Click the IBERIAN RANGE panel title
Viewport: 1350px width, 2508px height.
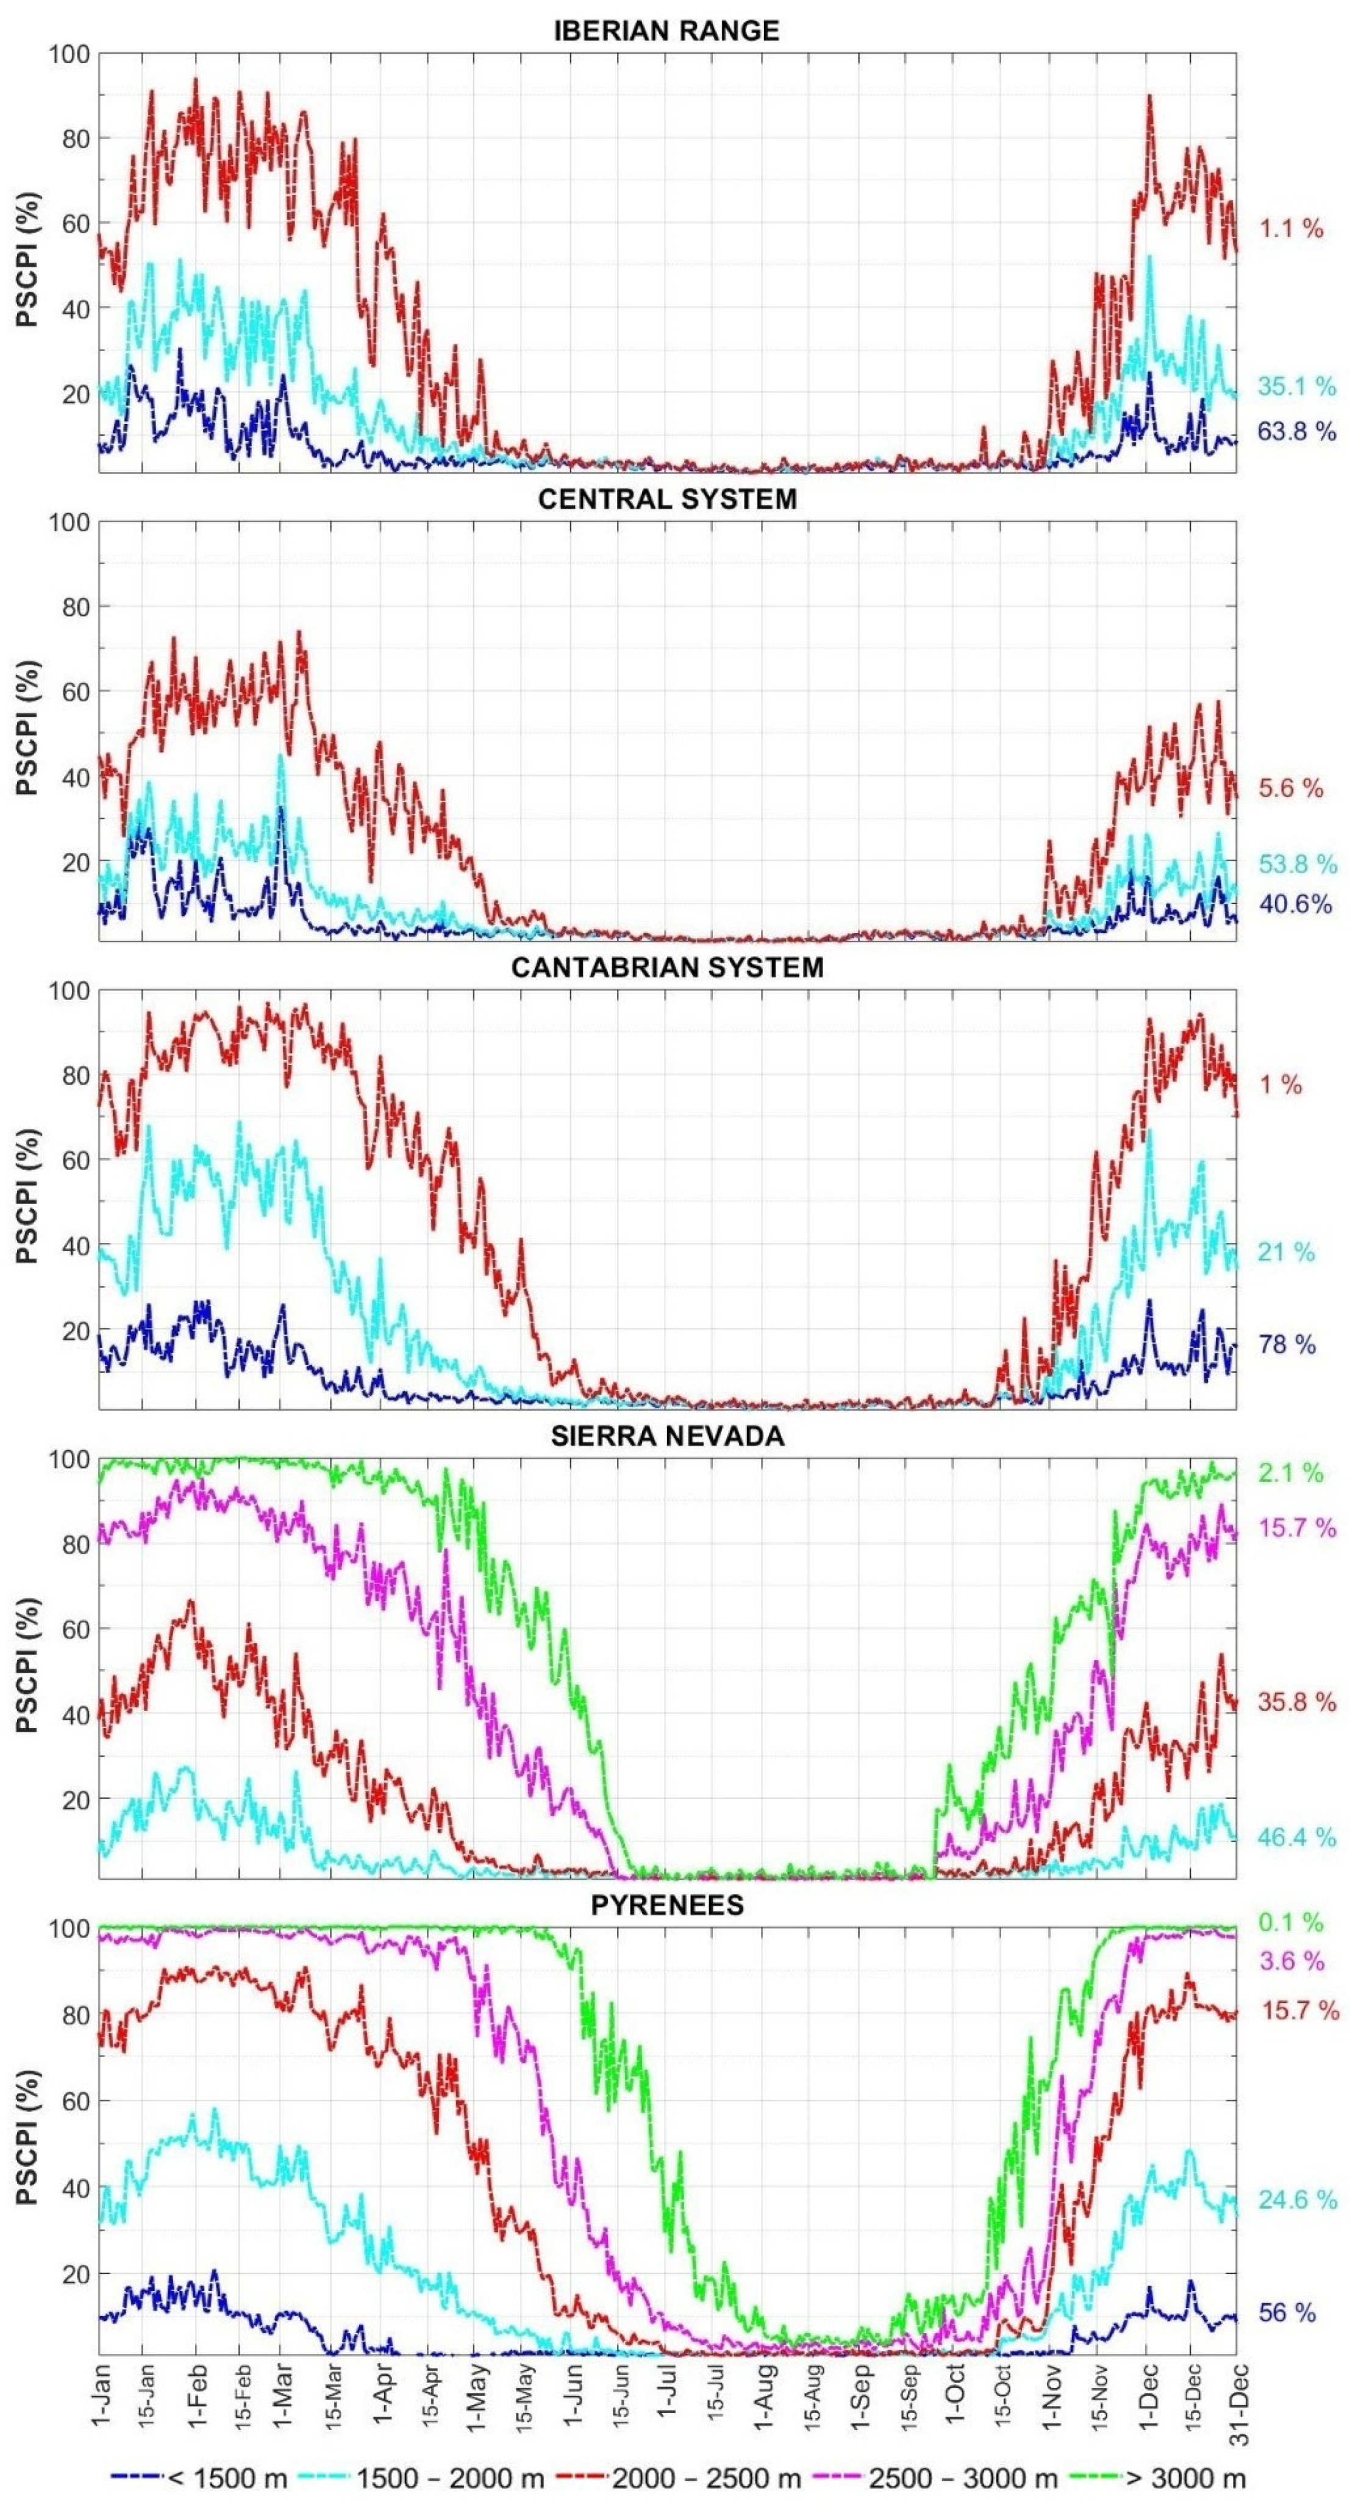coord(667,30)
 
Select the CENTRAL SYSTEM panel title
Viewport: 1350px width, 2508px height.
coord(667,500)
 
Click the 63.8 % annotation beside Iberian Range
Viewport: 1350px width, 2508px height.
coord(1296,431)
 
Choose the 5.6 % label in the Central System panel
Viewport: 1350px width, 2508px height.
coord(1291,788)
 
